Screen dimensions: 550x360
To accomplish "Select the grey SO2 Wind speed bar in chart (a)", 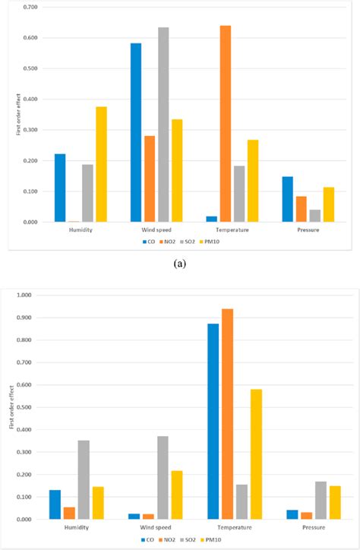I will pos(163,125).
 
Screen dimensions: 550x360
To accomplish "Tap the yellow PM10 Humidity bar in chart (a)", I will pos(101,164).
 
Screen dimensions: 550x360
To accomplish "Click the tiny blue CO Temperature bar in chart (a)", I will pos(211,219).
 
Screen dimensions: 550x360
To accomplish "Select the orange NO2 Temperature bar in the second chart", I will pos(227,414).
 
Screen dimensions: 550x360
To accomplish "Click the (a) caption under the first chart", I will pos(179,264).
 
